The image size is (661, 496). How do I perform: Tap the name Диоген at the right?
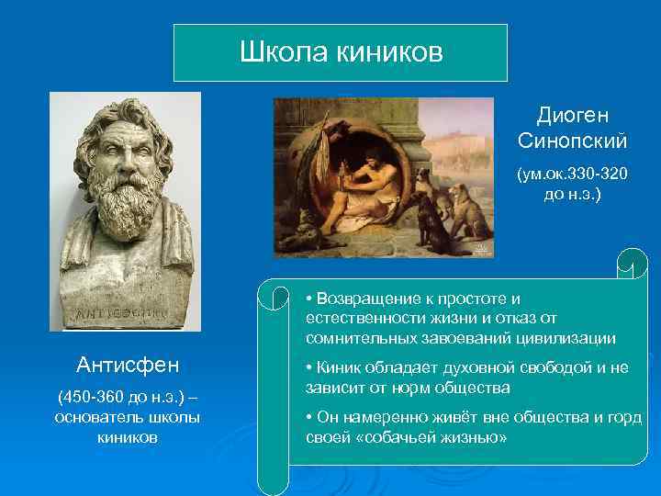572,117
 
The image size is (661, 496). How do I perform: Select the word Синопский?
572,141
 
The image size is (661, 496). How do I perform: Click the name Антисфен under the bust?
127,366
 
